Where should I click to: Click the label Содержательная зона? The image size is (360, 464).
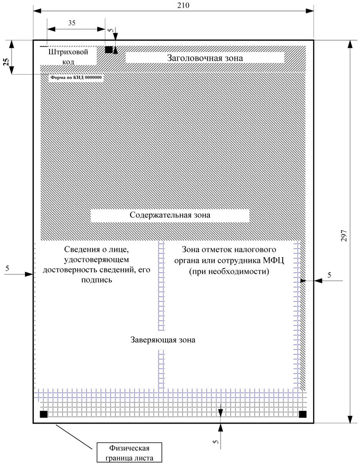(x=170, y=215)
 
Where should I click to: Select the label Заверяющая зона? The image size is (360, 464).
(x=162, y=340)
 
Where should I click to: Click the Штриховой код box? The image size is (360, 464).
(x=68, y=56)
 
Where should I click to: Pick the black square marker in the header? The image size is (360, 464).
(x=108, y=50)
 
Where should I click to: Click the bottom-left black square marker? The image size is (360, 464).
(x=44, y=414)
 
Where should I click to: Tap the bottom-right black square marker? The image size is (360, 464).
(x=303, y=414)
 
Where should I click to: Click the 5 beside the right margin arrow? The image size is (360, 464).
(x=329, y=275)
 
